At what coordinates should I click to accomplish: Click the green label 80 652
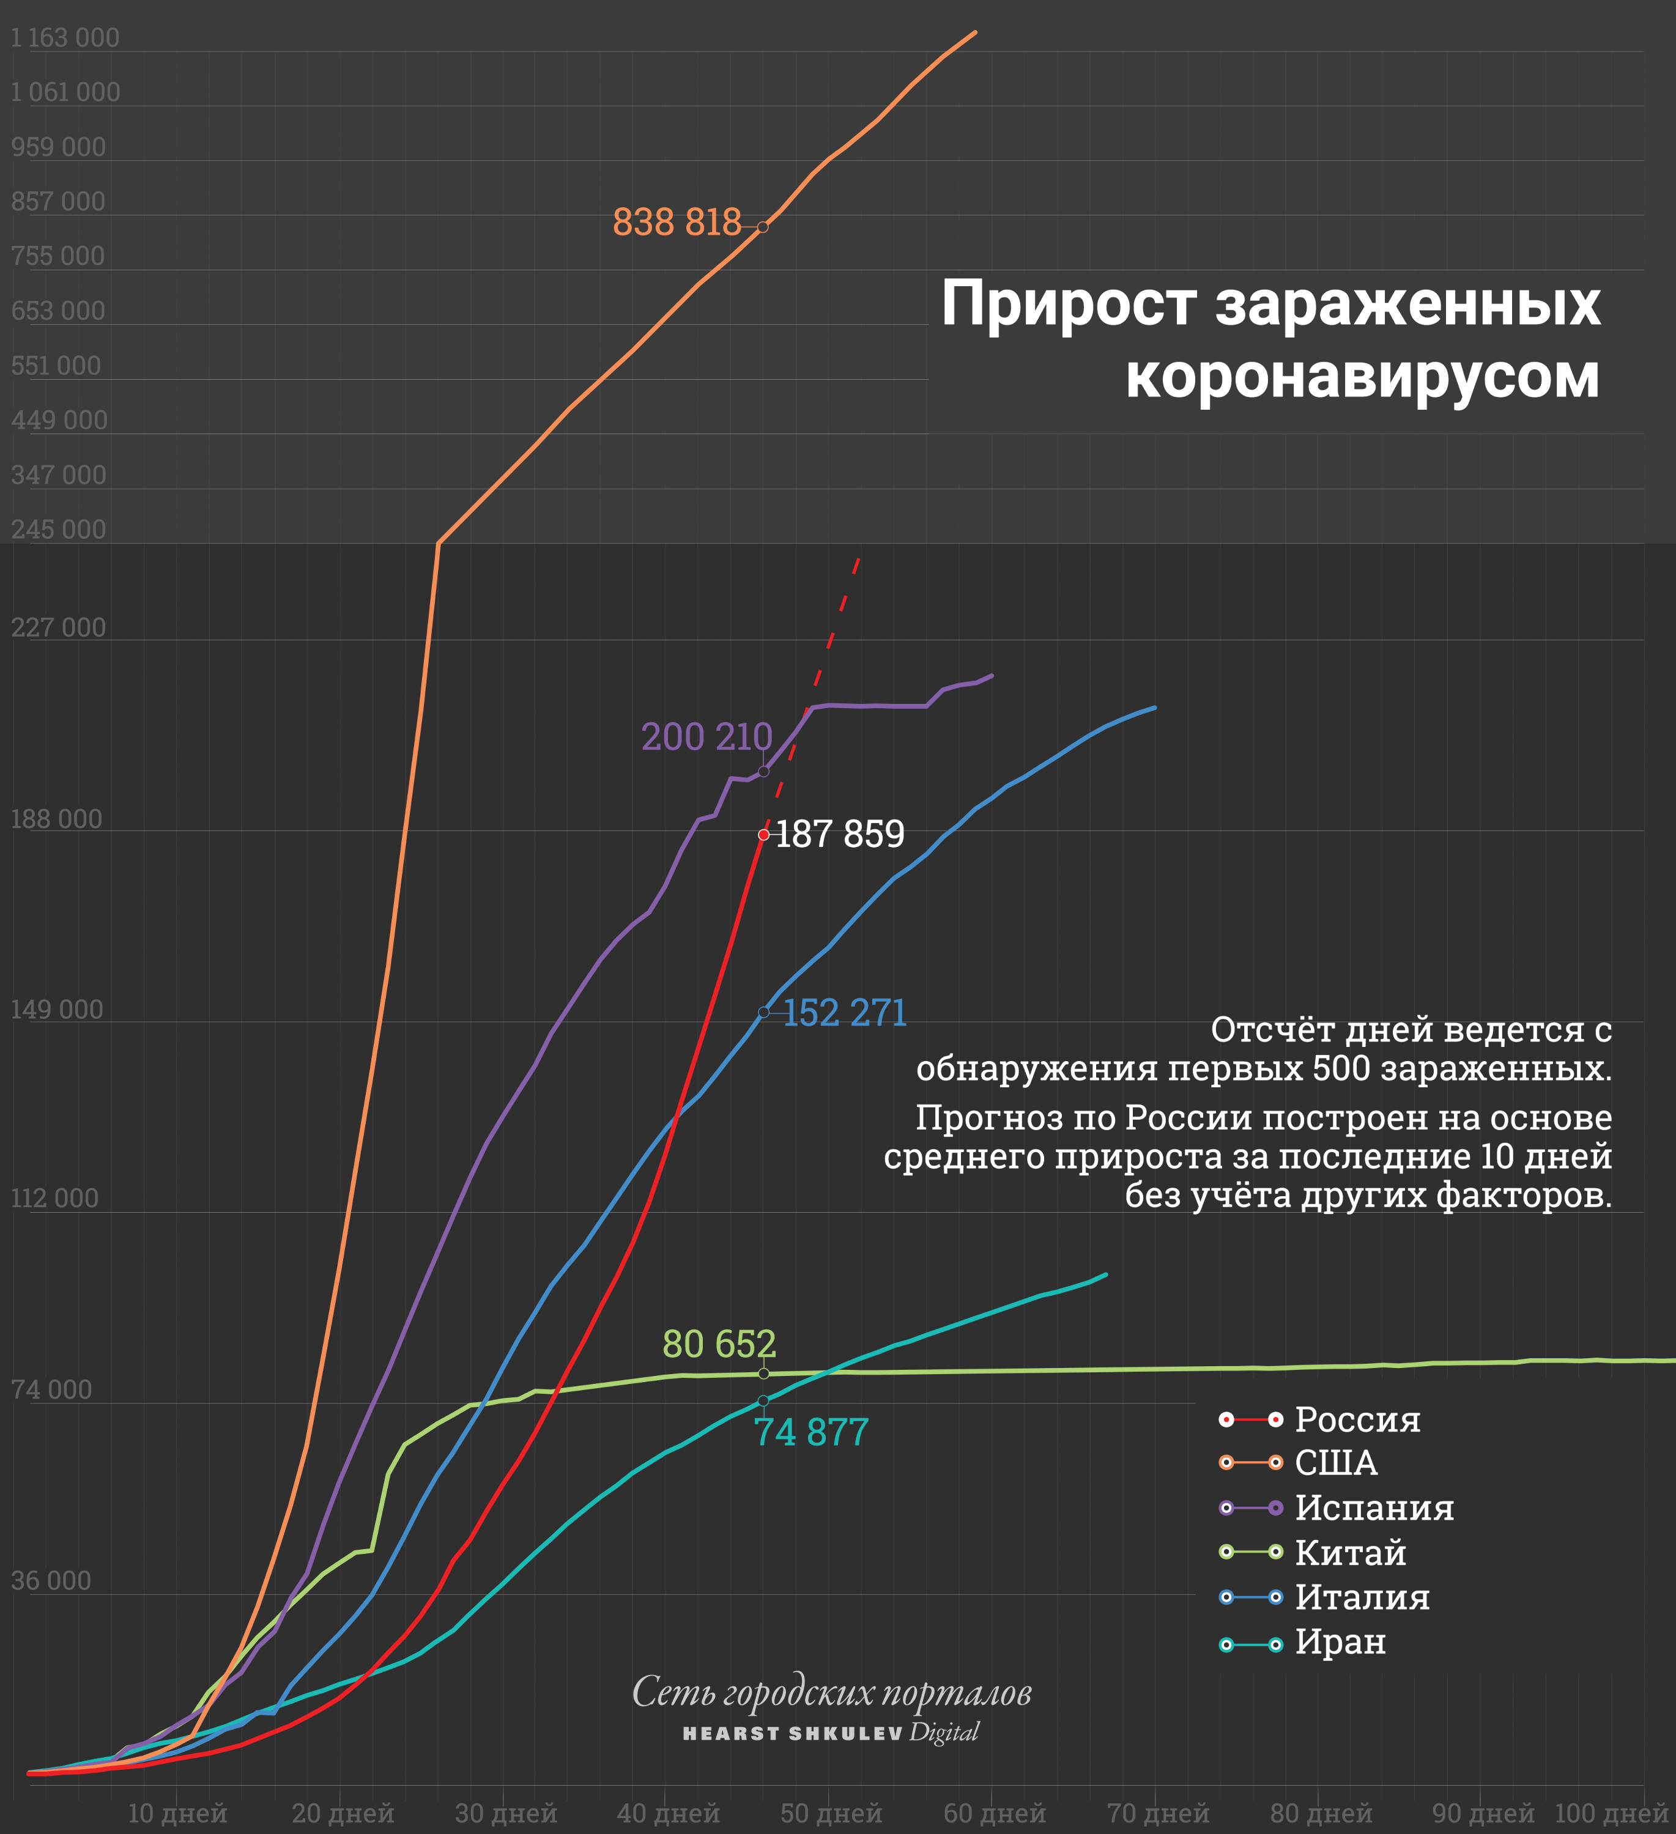(719, 1344)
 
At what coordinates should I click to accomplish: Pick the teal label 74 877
(810, 1432)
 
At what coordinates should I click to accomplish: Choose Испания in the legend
(1374, 1507)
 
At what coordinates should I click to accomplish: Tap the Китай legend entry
(1350, 1552)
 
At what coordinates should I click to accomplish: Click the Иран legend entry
(1340, 1641)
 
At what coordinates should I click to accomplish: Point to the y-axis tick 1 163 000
(65, 37)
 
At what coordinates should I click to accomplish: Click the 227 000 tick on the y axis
(58, 627)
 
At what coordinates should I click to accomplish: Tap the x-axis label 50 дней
(831, 1813)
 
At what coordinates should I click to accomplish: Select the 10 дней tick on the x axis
(177, 1813)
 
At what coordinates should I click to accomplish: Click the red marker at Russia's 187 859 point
(763, 834)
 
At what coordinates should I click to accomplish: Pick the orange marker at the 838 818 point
(763, 226)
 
